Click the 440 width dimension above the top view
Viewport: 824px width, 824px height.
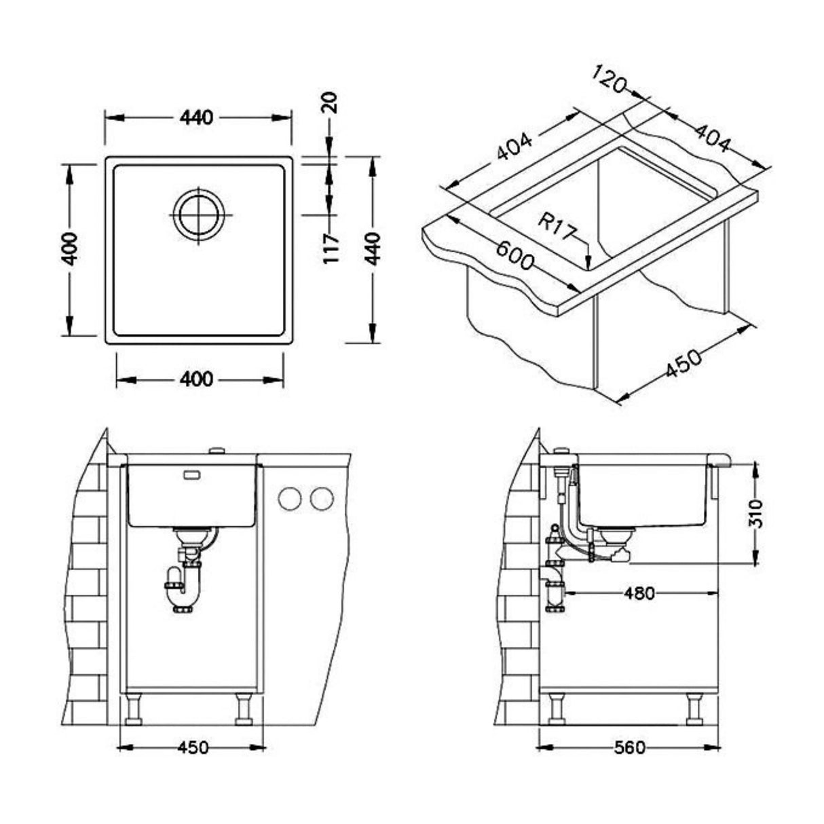click(x=196, y=117)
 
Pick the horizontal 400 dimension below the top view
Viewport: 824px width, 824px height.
click(x=198, y=379)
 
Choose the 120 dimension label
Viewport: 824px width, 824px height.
click(x=608, y=79)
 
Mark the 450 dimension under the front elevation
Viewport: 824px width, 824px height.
click(x=192, y=748)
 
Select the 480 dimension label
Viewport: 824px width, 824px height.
click(x=639, y=593)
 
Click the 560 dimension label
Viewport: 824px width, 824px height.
click(x=629, y=748)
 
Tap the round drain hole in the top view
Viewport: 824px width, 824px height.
click(x=199, y=213)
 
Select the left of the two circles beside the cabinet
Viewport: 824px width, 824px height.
click(x=290, y=499)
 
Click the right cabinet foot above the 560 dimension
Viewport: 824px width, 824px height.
click(x=694, y=709)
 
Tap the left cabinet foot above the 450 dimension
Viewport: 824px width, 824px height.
click(x=132, y=709)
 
